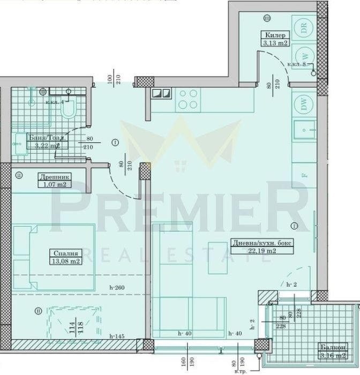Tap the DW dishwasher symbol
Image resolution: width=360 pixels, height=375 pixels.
coord(304,106)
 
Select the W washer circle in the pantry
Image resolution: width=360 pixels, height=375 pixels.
coord(304,54)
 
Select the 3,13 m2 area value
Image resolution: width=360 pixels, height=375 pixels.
coord(275,43)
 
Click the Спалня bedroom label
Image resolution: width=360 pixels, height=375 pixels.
coord(66,253)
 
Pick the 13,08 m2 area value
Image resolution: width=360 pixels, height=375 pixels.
coord(66,261)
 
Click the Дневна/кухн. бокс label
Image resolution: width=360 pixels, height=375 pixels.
coord(254,242)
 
